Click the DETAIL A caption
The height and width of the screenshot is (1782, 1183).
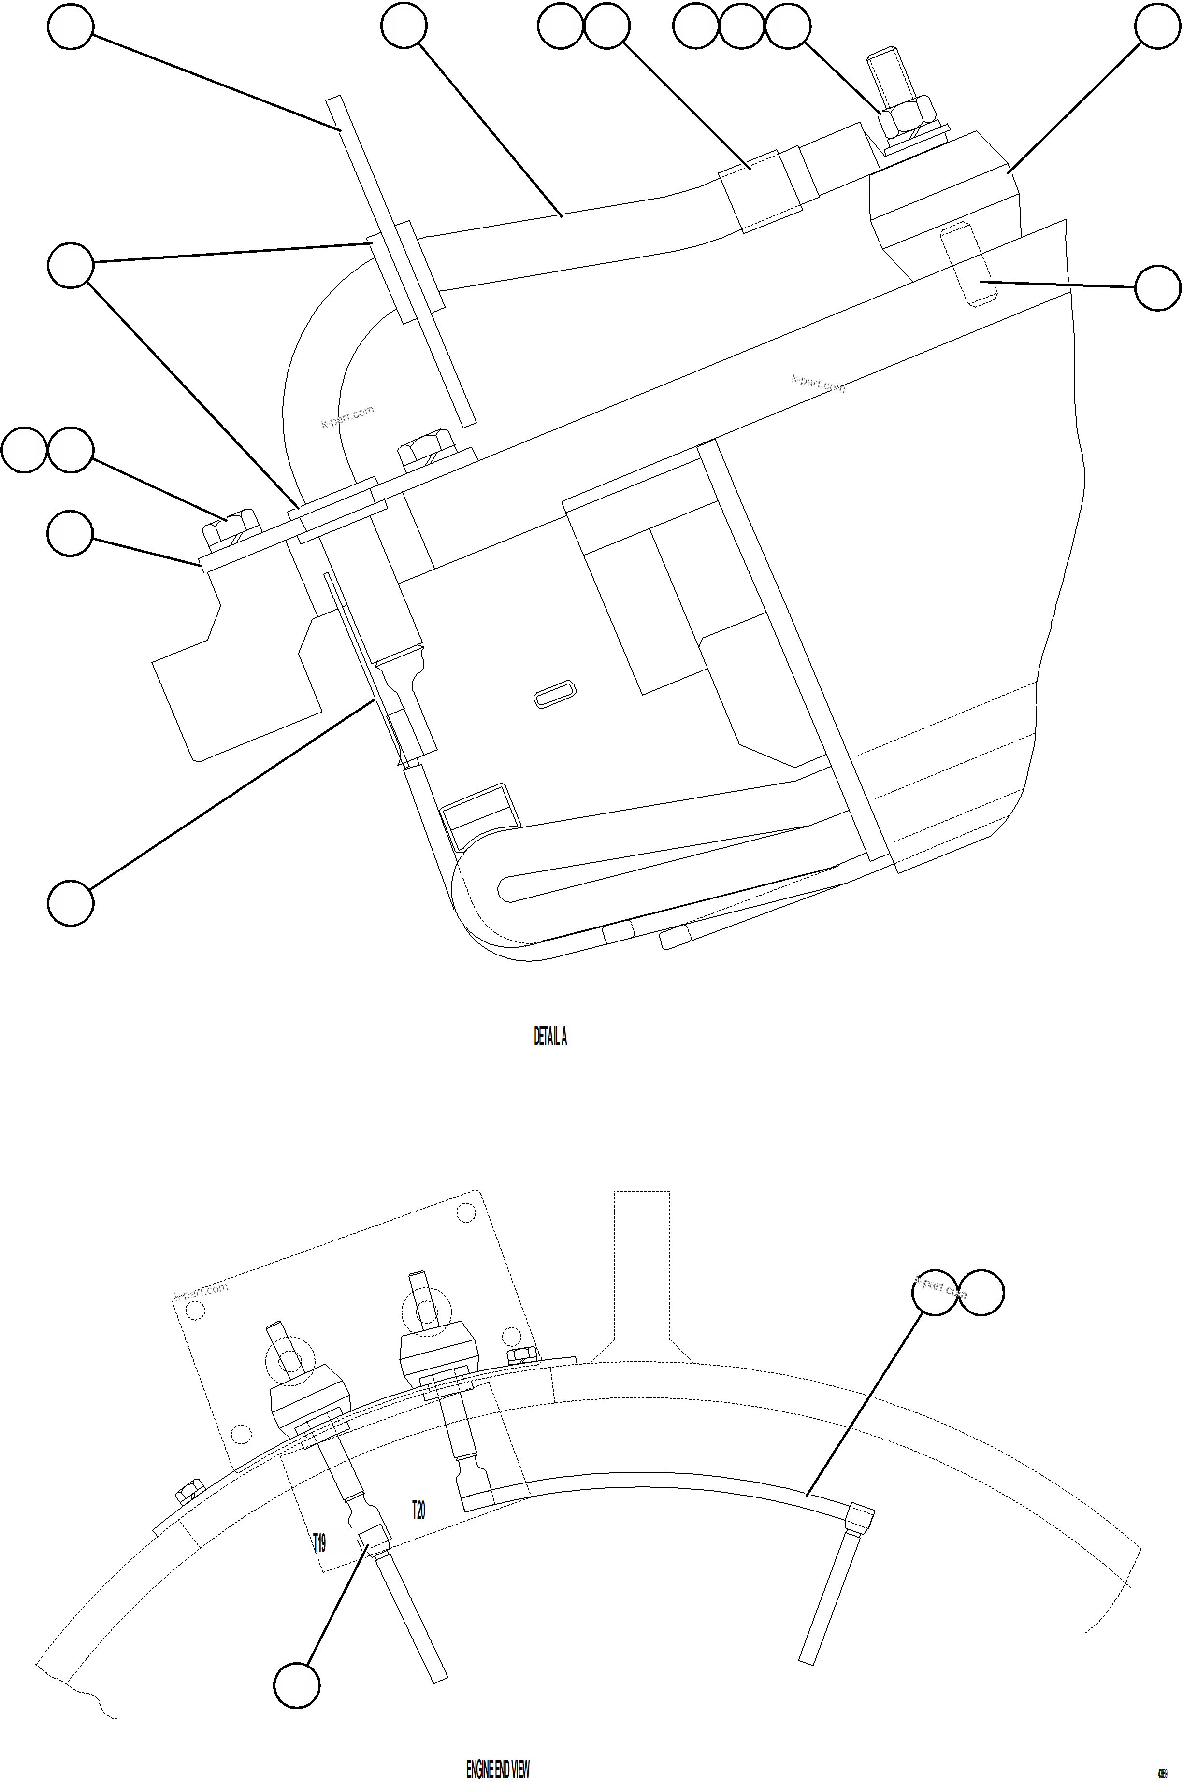coord(550,1037)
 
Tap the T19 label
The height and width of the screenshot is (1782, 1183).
coord(320,1542)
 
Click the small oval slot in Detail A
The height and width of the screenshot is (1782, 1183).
coord(555,693)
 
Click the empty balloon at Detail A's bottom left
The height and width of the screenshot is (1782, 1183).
coord(70,902)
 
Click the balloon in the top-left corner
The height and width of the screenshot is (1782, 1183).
coord(70,27)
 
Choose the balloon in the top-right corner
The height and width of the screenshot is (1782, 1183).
coord(1158,27)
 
